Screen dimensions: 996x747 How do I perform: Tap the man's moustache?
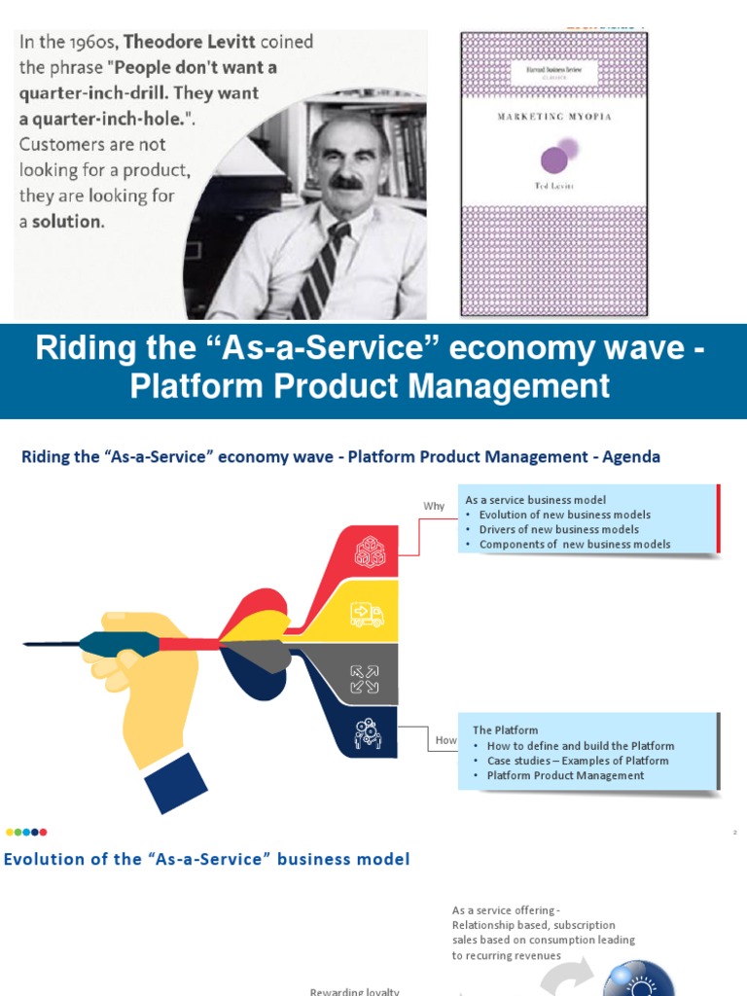click(345, 181)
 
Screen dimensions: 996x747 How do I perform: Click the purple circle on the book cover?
click(553, 160)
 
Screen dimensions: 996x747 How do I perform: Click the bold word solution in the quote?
click(68, 221)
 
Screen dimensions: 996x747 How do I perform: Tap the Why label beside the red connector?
click(434, 506)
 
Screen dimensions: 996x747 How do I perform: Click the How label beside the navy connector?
click(445, 740)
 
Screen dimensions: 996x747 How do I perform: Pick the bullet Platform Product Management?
click(565, 775)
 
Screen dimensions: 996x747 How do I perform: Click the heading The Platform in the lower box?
click(505, 729)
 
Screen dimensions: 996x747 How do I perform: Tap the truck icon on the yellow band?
click(367, 615)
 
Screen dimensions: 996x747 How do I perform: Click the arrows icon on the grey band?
click(366, 679)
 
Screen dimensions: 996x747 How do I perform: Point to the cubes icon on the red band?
click(369, 551)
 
